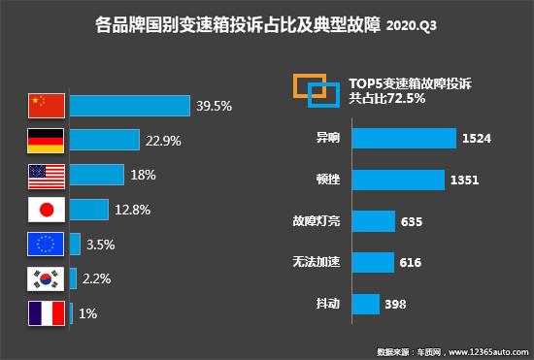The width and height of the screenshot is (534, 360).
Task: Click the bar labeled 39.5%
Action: pyautogui.click(x=129, y=105)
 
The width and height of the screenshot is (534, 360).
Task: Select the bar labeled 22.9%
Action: pyautogui.click(x=104, y=140)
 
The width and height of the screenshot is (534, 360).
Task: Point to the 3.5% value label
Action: pyautogui.click(x=100, y=244)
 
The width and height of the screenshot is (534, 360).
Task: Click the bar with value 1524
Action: pyautogui.click(x=404, y=138)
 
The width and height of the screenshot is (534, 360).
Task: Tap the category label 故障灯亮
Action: pyautogui.click(x=317, y=221)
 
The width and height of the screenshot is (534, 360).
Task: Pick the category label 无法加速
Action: pyautogui.click(x=317, y=263)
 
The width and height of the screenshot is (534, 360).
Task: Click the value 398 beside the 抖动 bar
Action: pyautogui.click(x=394, y=305)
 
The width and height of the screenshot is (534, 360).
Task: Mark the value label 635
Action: pyautogui.click(x=412, y=221)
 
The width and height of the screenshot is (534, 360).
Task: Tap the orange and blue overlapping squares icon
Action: pyautogui.click(x=316, y=88)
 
